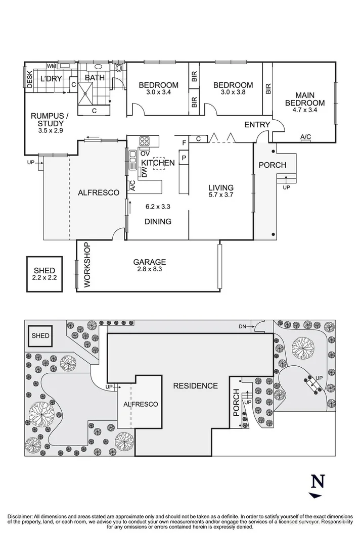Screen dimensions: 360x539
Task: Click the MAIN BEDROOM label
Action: coord(304,99)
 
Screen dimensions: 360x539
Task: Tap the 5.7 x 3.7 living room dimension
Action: coord(221,195)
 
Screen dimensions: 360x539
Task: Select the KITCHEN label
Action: coord(158,163)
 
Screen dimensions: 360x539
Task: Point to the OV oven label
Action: coord(144,153)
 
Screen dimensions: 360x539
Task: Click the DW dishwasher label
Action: coord(144,172)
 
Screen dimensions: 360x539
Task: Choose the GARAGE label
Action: coord(150,262)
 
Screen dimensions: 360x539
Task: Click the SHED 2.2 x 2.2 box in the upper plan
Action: coord(44,274)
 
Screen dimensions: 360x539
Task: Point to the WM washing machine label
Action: coord(51,66)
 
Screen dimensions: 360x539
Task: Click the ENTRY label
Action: coord(257,125)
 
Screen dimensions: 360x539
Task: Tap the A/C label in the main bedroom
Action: coord(305,137)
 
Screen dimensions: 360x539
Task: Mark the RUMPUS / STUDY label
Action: coord(47,119)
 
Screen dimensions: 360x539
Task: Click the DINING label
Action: coord(158,221)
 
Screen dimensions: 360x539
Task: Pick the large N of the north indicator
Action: coord(317,481)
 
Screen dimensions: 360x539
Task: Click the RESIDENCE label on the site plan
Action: coord(195,386)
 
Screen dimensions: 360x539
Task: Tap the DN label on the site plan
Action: coord(243,327)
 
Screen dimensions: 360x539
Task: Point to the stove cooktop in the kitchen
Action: coord(144,141)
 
